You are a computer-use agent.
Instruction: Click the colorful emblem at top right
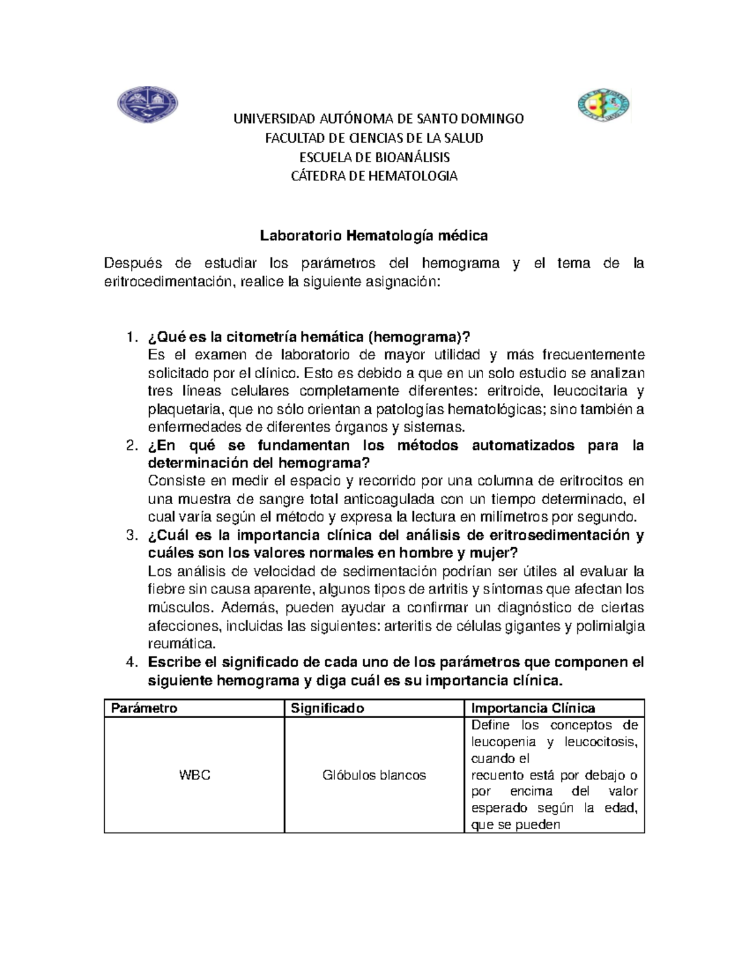click(602, 105)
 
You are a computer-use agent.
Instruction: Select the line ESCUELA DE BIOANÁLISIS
click(374, 157)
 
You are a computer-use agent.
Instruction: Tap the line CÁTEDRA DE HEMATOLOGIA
click(374, 176)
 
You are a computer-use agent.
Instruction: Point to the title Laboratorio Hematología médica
click(373, 236)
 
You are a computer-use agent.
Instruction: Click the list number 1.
click(130, 338)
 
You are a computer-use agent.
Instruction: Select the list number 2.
click(130, 446)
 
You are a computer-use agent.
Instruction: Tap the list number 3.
click(130, 535)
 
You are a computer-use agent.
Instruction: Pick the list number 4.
click(130, 662)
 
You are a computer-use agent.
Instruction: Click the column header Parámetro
click(144, 708)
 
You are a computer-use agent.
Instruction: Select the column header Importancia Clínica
click(533, 708)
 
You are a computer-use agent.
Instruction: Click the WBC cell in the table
click(194, 775)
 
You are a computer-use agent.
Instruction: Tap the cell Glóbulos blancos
click(374, 775)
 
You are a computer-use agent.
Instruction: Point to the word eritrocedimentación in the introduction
click(166, 282)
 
